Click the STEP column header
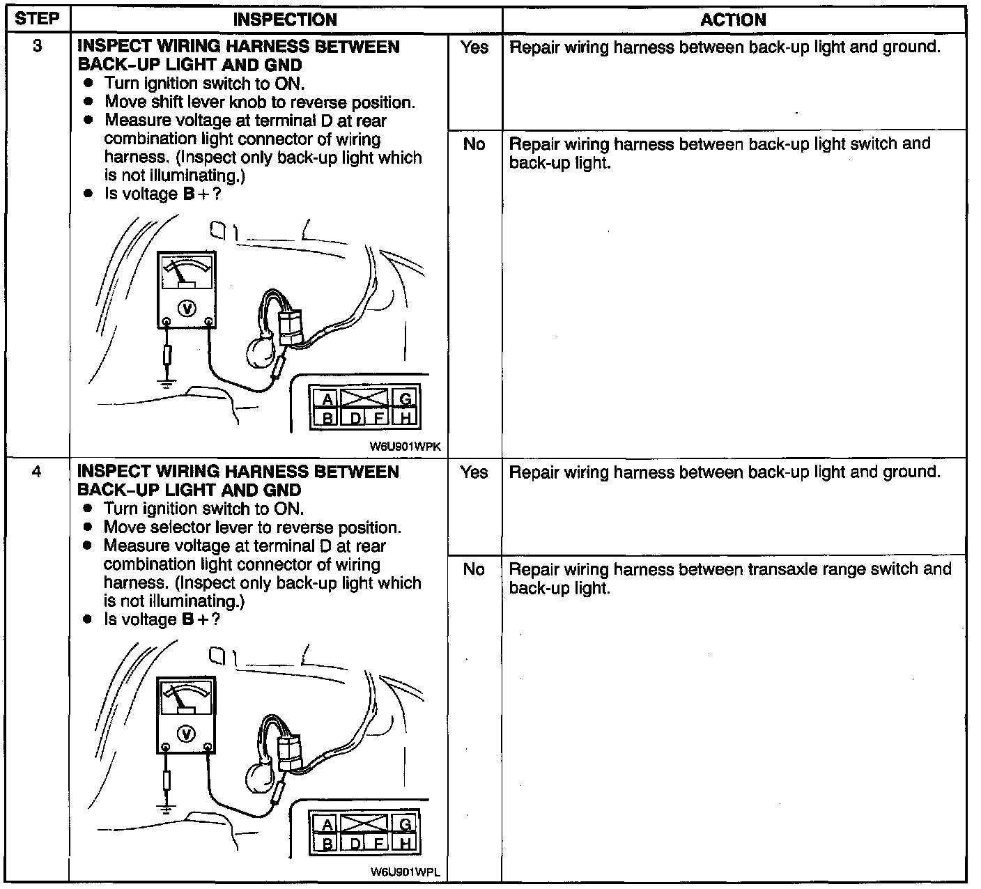tap(37, 18)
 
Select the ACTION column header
tap(733, 20)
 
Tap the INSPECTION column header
tap(285, 20)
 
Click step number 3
tap(37, 47)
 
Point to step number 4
tap(37, 472)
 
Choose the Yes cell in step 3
tap(474, 47)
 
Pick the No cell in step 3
tap(474, 144)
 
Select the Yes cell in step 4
tap(474, 472)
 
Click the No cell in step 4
tap(474, 569)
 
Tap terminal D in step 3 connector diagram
tap(355, 418)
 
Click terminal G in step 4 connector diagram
tap(405, 825)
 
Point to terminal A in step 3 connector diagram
tap(326, 400)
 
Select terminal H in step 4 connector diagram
tap(405, 843)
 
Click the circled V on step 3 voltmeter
tap(186, 308)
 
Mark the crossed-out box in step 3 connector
tap(364, 399)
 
